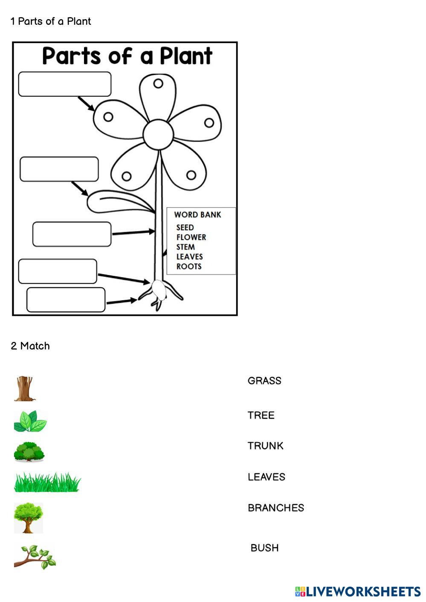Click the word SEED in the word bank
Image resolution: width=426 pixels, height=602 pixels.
click(x=185, y=228)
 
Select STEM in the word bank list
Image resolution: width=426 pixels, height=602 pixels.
click(x=185, y=247)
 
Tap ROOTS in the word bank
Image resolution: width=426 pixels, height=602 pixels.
click(x=189, y=266)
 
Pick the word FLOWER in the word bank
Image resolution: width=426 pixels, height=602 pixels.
click(x=191, y=237)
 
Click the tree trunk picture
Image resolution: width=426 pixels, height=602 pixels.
click(x=24, y=388)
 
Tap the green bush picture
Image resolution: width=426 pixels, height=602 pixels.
click(x=29, y=452)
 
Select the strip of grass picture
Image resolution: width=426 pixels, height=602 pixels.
click(x=47, y=482)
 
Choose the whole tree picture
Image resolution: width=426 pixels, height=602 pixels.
click(x=28, y=517)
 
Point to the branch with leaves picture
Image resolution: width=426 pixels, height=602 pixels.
click(x=35, y=557)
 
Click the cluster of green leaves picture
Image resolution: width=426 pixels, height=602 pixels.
click(x=30, y=421)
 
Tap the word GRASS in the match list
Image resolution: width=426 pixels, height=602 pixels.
click(x=264, y=381)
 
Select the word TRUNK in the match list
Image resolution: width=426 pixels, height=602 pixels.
click(x=265, y=446)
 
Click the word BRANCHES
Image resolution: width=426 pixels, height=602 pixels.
click(x=275, y=508)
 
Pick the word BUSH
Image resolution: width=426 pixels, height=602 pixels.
click(x=264, y=548)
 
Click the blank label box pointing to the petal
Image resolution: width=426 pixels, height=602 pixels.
click(x=65, y=84)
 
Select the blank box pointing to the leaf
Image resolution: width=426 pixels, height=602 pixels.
click(x=59, y=169)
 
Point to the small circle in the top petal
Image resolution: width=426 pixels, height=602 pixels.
click(x=158, y=84)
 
